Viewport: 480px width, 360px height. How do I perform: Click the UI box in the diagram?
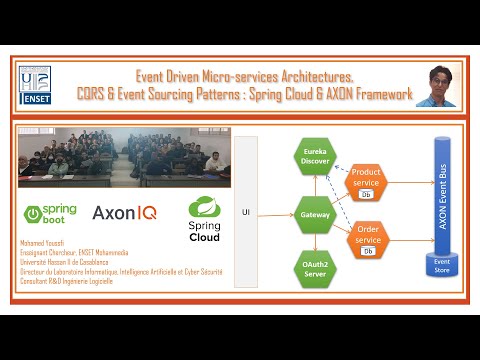point(246,212)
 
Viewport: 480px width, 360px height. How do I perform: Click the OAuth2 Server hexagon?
point(315,267)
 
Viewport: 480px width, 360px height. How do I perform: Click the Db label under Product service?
point(367,195)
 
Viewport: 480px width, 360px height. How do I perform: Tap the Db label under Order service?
point(368,252)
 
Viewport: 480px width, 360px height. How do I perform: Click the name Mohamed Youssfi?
point(44,243)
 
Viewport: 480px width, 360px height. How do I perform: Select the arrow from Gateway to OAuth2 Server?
point(315,240)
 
